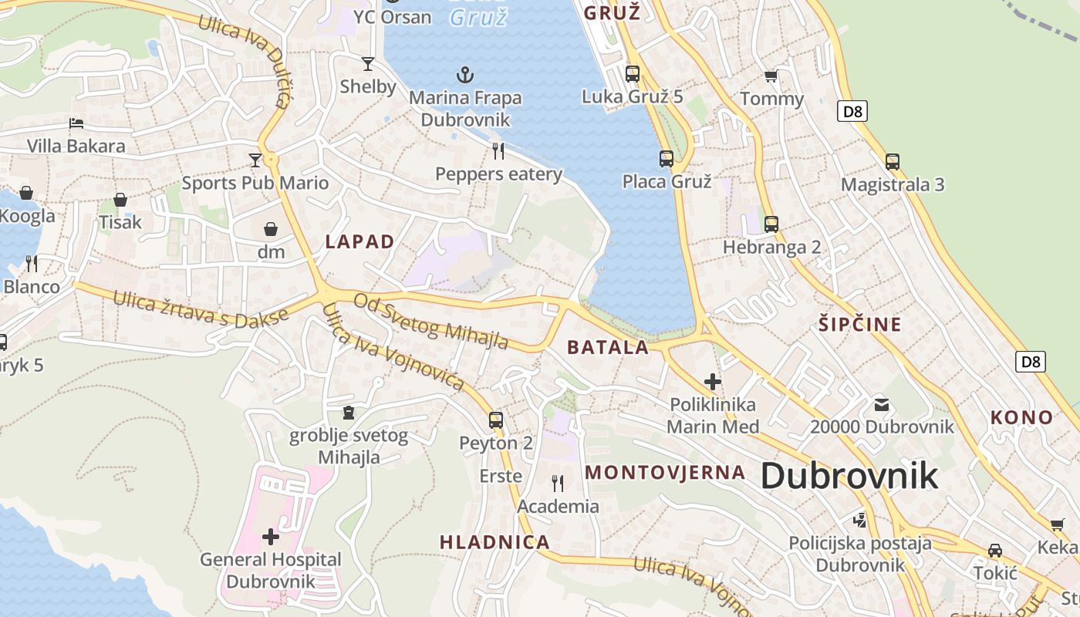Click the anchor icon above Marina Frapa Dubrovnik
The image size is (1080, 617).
click(x=464, y=75)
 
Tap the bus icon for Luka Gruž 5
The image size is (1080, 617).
click(x=633, y=74)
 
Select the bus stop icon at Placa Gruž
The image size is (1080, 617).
click(x=667, y=159)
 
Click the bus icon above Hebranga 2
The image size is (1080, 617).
click(x=771, y=224)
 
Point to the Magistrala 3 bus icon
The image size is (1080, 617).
click(x=893, y=162)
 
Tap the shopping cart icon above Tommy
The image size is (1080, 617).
click(x=771, y=76)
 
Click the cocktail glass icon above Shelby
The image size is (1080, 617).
click(x=368, y=64)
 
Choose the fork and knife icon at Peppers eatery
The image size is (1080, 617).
click(x=498, y=150)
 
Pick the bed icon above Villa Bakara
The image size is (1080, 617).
click(x=76, y=123)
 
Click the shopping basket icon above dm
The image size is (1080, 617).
click(x=271, y=229)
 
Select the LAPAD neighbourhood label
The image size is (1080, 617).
click(x=359, y=241)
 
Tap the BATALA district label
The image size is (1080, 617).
click(x=608, y=347)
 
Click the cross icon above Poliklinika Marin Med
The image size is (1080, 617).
click(x=713, y=381)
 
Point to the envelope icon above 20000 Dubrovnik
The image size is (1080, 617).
click(x=882, y=404)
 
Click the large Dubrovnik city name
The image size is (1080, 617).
click(x=849, y=476)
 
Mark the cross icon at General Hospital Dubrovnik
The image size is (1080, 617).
click(x=271, y=536)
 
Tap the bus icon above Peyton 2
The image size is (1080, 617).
click(x=496, y=420)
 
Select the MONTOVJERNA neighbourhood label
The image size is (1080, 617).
click(x=665, y=472)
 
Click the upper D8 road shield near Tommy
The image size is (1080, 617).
click(x=852, y=111)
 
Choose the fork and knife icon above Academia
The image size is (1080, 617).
click(x=558, y=484)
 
